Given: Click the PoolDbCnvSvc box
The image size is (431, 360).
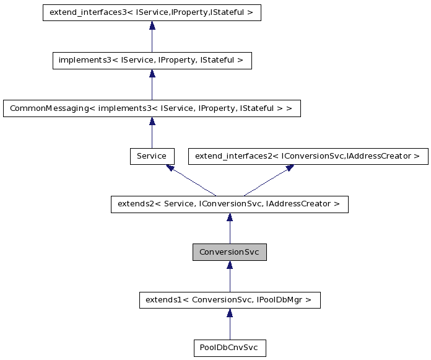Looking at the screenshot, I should [230, 348].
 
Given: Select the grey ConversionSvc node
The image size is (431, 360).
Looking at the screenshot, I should [230, 252].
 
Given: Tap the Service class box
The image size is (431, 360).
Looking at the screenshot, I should [152, 156].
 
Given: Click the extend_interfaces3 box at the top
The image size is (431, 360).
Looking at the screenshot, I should [152, 12].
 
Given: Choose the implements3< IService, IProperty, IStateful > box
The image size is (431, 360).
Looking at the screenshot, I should [152, 60].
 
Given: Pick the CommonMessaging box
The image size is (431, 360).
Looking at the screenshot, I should [152, 108].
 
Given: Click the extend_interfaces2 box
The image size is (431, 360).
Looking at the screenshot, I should [308, 156].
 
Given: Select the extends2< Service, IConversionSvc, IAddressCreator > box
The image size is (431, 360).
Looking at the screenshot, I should [230, 204].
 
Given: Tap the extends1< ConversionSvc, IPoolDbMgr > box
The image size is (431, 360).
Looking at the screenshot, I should [230, 301].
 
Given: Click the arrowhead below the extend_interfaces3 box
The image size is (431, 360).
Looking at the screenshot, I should [152, 25].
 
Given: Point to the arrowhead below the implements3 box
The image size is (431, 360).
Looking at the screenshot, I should [152, 74].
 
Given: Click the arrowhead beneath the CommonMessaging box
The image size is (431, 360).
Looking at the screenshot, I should [152, 121].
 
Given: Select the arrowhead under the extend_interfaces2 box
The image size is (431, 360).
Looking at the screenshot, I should [289, 167].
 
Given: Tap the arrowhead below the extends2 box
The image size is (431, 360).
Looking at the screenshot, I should [230, 217].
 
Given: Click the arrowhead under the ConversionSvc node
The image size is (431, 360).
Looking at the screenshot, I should [230, 265].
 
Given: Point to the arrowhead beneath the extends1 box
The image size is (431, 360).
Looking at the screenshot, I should [230, 314].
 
